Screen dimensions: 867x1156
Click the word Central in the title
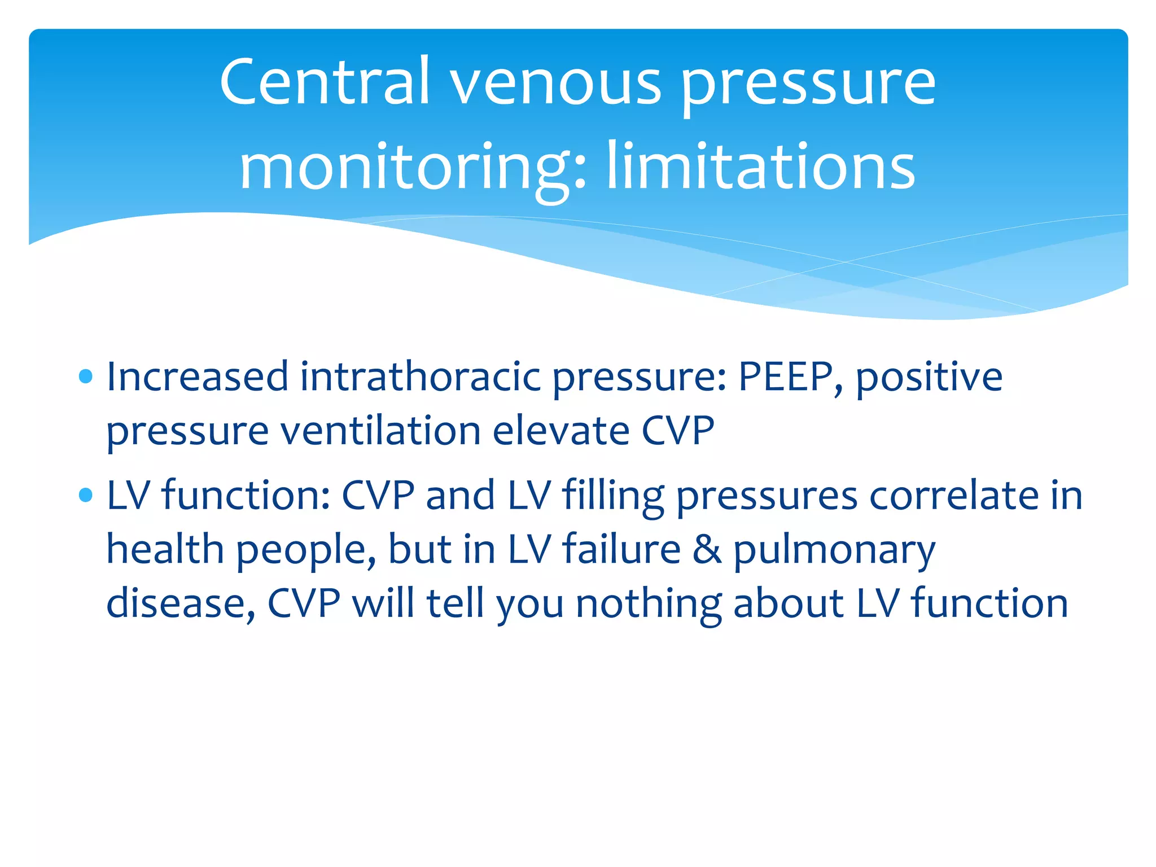[325, 82]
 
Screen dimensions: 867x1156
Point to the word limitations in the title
[760, 167]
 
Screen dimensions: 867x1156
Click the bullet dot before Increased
[86, 376]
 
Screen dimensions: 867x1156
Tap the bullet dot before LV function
[86, 496]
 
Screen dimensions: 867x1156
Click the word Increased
[197, 376]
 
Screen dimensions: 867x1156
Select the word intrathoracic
[420, 376]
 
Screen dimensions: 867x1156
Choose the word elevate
[561, 431]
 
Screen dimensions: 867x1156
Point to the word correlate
[953, 496]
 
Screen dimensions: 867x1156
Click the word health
[165, 549]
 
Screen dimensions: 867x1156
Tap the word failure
[621, 549]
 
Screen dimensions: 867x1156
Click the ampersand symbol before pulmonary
[707, 550]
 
